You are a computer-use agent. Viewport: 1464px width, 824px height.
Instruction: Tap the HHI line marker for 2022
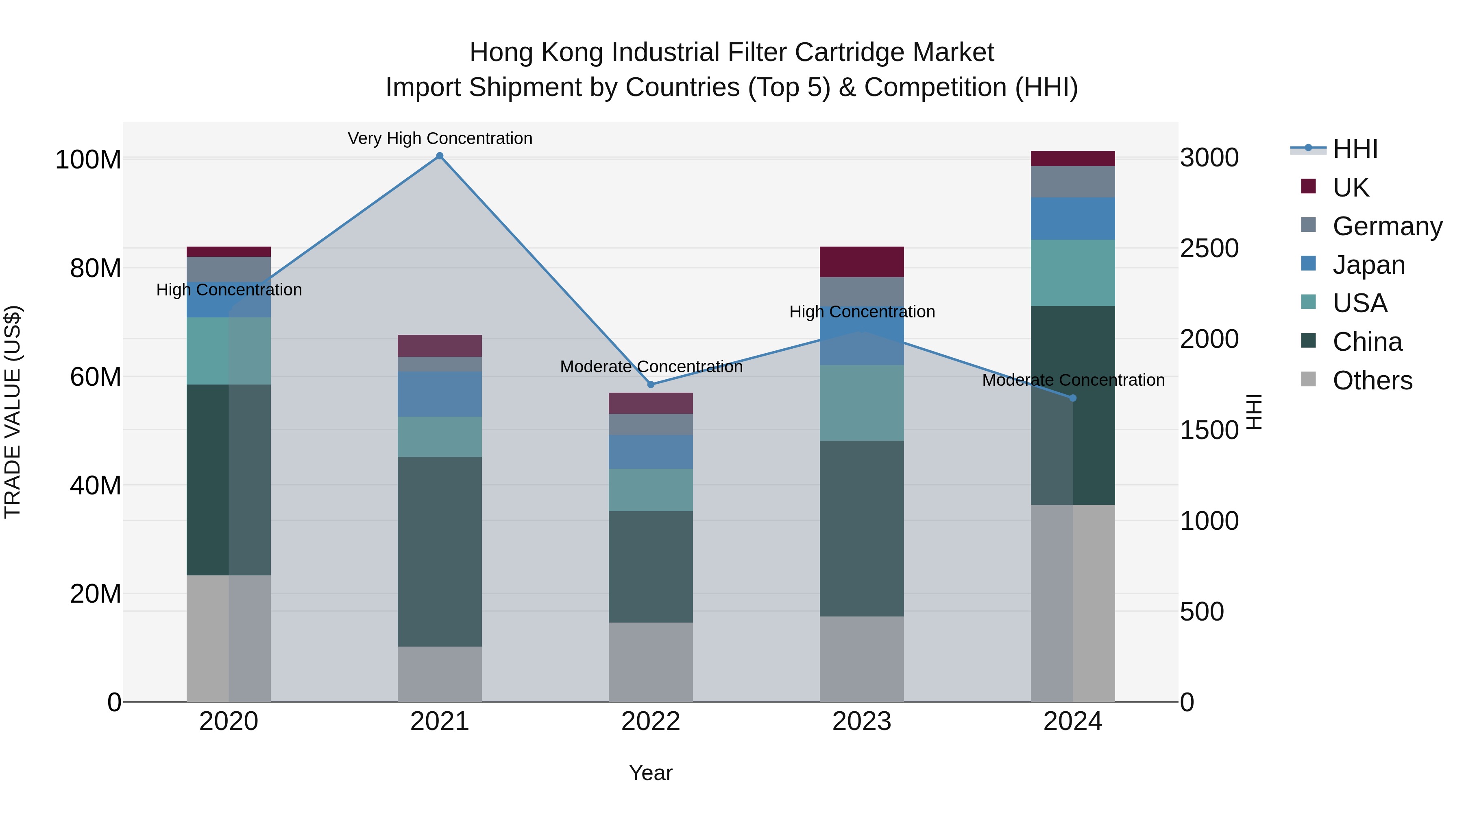click(x=651, y=385)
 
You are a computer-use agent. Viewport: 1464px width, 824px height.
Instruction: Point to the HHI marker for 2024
click(x=1072, y=398)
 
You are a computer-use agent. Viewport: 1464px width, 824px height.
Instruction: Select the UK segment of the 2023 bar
click(x=862, y=262)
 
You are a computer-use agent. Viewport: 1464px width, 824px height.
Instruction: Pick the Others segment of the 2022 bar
click(x=651, y=662)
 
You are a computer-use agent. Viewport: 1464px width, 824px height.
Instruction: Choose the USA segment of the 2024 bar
click(x=1072, y=273)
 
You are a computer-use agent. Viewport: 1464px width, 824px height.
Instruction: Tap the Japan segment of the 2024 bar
click(x=1072, y=219)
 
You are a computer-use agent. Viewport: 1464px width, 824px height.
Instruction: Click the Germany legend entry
click(x=1387, y=226)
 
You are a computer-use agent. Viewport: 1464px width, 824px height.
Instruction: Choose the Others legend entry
click(x=1372, y=380)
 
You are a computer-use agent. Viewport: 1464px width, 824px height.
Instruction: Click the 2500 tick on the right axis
click(x=1209, y=249)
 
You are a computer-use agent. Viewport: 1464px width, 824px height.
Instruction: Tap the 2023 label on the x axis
click(x=862, y=721)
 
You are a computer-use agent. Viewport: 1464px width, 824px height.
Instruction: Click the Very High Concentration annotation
click(x=440, y=138)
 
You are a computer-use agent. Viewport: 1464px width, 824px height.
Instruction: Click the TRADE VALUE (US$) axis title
click(x=13, y=412)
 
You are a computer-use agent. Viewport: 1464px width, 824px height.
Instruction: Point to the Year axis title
click(x=651, y=773)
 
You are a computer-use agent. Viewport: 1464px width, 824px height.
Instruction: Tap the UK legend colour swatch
click(x=1308, y=186)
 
